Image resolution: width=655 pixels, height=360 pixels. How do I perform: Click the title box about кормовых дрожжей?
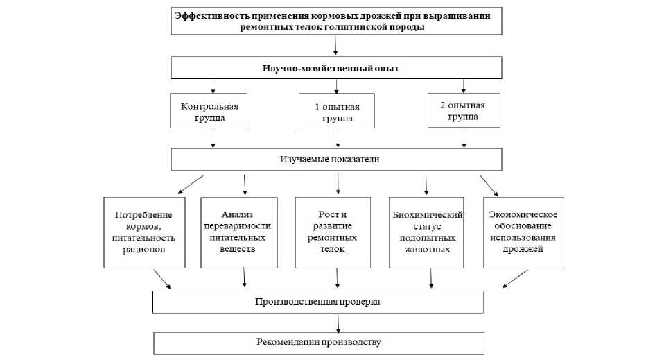(336, 20)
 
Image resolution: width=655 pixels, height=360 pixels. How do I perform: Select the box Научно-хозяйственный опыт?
(336, 68)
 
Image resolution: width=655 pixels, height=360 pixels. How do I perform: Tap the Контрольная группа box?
(209, 112)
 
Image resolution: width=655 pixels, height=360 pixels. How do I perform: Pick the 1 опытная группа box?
(336, 112)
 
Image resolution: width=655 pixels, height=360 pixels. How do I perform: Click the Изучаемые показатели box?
(336, 160)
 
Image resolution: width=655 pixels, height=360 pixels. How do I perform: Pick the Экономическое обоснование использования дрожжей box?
(523, 232)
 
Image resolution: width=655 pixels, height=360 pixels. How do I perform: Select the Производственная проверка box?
(318, 302)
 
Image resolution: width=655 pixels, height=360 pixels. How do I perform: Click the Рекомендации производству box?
(318, 343)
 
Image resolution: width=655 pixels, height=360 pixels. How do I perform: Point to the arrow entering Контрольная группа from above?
(213, 87)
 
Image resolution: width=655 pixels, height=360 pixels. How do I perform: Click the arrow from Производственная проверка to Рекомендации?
(338, 322)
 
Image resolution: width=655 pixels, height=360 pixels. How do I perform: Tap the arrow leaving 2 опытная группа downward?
(464, 139)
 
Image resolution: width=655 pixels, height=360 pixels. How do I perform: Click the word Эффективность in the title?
(208, 16)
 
